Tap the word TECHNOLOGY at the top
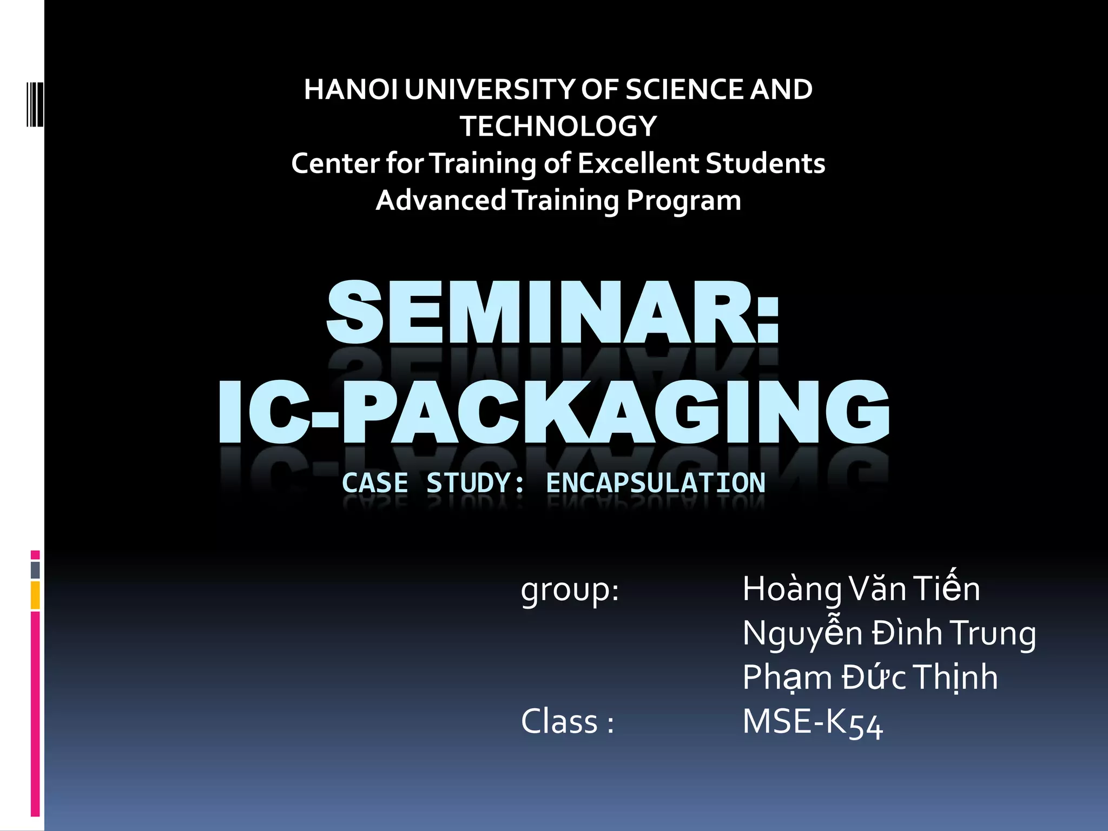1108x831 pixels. click(558, 127)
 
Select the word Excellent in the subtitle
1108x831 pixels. click(638, 163)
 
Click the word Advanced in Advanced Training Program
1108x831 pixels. click(440, 201)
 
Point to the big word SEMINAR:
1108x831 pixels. click(553, 314)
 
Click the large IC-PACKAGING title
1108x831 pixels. click(554, 412)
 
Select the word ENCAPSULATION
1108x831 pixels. click(656, 483)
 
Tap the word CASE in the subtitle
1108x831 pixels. click(375, 483)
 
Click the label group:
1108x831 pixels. click(570, 590)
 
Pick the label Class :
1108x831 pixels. click(568, 722)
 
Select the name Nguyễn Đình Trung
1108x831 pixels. click(889, 633)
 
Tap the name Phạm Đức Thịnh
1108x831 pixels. click(870, 677)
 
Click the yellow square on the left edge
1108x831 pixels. click(35, 595)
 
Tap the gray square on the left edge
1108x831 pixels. click(35, 570)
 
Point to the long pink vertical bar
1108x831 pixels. click(35, 714)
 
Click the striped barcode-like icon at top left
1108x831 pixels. click(35, 104)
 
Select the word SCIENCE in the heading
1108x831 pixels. click(684, 90)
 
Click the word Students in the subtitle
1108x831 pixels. click(766, 163)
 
